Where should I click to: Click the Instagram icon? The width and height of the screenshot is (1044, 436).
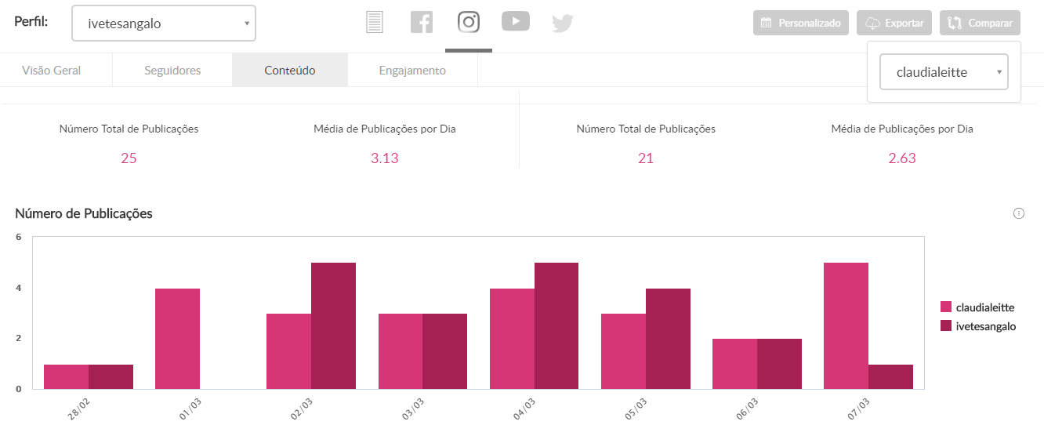coord(469,22)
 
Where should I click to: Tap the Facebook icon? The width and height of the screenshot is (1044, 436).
coord(422,22)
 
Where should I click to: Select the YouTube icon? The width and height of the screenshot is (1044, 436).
coord(516,22)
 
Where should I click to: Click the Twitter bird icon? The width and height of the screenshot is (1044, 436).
coord(562,24)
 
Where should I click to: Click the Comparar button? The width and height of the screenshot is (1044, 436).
coord(980,23)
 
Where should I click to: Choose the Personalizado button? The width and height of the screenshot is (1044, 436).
coord(802,23)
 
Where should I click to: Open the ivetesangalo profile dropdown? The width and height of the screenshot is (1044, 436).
coord(164,24)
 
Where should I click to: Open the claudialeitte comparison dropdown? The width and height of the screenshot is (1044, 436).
coord(944,72)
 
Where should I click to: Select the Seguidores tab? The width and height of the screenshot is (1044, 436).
coord(172,71)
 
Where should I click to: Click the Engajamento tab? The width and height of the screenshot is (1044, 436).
coord(412,71)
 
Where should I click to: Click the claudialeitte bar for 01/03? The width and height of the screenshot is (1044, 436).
coord(178,339)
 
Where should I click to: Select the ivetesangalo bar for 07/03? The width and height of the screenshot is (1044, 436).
coord(890,376)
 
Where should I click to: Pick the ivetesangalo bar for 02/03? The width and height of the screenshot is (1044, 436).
coord(333,325)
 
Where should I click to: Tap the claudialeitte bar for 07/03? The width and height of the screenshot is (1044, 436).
coord(846,325)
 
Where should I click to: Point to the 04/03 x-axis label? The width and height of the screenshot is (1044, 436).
coord(524,410)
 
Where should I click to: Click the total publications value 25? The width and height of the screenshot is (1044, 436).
coord(129,158)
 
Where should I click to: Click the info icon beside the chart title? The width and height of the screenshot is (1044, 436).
coord(1019,213)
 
